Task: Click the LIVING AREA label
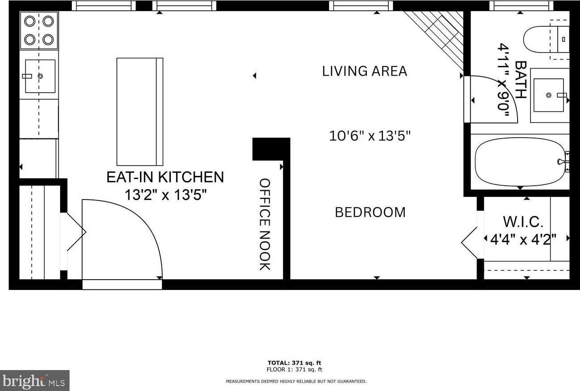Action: (364, 71)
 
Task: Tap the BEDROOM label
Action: (370, 212)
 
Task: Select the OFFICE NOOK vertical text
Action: (265, 224)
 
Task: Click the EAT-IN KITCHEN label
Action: (165, 177)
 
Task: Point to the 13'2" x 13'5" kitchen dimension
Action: (165, 195)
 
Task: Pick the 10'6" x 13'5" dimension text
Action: (370, 136)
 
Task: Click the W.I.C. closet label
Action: (523, 221)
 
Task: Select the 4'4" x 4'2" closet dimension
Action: (523, 240)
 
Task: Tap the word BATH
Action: (521, 79)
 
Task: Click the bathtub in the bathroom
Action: (519, 162)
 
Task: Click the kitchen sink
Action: (40, 76)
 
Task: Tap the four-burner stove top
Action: (39, 30)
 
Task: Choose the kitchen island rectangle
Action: (140, 112)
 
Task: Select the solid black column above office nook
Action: (271, 149)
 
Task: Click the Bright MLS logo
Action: (35, 380)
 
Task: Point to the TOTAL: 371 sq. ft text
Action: (294, 363)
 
